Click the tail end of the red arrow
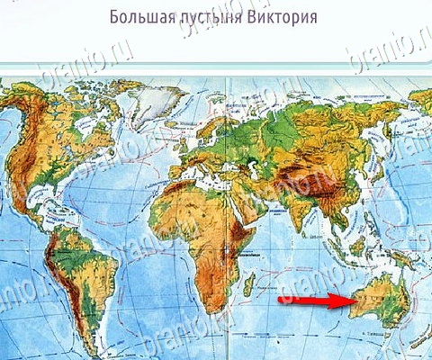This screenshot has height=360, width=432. tap(281, 300)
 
